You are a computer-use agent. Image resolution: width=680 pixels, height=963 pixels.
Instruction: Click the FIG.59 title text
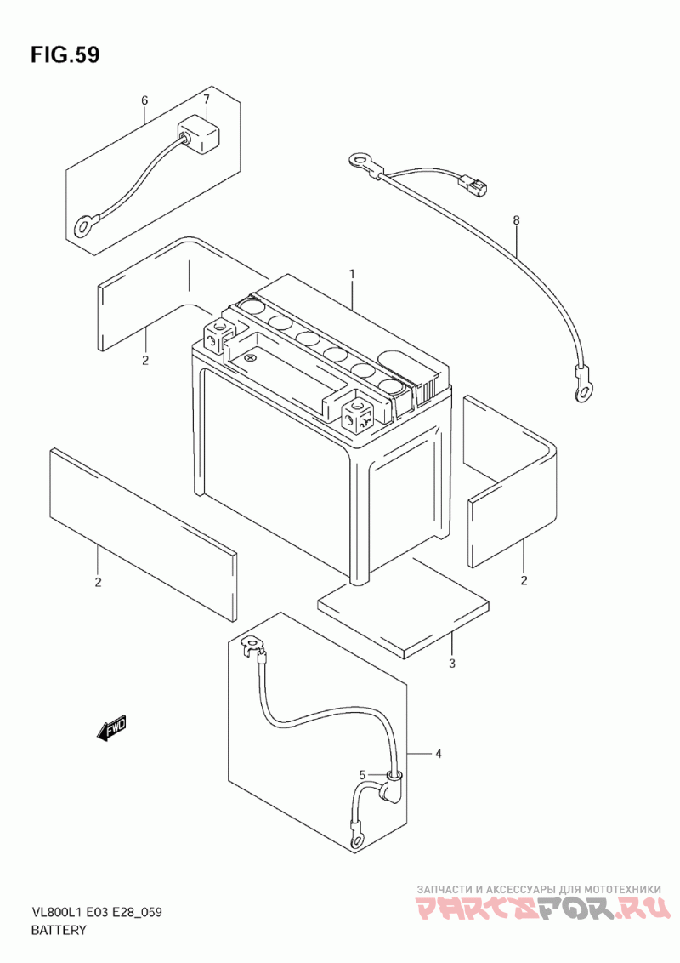coord(65,54)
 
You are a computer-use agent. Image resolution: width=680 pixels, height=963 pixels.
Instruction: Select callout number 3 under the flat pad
coord(452,664)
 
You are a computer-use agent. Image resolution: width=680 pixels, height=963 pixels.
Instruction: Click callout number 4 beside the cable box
coord(439,753)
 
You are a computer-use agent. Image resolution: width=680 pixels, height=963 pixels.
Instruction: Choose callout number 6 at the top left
coord(144,100)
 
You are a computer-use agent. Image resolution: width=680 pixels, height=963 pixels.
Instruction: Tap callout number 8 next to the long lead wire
coord(516,219)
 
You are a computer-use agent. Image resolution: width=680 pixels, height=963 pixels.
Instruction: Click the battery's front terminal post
coord(359,411)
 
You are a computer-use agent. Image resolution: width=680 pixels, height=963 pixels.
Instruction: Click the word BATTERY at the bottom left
coord(59,930)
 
